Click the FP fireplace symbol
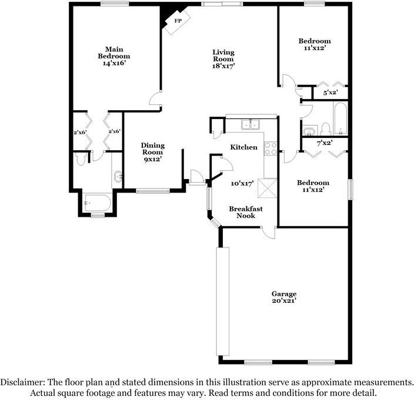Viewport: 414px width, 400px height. point(178,22)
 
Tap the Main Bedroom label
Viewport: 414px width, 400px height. point(114,52)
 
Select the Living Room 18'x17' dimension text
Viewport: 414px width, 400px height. point(223,66)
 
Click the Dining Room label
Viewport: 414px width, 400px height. point(153,148)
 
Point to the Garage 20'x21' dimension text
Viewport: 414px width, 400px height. point(284,301)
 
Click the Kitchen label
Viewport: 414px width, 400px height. point(243,147)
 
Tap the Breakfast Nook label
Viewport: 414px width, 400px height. point(246,212)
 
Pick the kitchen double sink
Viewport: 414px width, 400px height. point(251,124)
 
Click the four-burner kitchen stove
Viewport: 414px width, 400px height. point(271,148)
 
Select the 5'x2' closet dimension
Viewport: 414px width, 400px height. point(331,93)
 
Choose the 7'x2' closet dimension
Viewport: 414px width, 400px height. point(325,143)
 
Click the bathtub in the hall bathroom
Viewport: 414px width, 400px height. point(340,118)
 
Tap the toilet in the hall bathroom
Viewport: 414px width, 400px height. point(325,129)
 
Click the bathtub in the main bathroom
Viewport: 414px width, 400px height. point(97,203)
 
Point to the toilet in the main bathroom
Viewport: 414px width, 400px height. point(79,158)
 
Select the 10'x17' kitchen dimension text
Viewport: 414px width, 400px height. point(242,183)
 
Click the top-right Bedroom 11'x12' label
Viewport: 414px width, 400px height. point(315,44)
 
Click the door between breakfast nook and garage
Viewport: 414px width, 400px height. point(269,233)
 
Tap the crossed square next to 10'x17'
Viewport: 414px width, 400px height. point(267,189)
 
